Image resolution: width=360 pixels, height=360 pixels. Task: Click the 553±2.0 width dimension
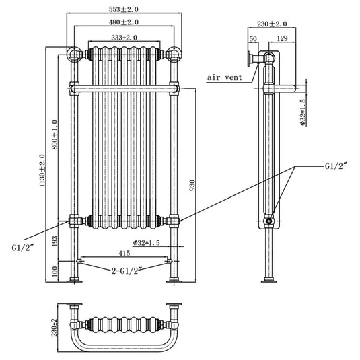pyautogui.click(x=124, y=9)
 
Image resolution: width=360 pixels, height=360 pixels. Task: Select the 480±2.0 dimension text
pyautogui.click(x=124, y=22)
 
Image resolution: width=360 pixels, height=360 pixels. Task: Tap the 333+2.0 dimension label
pyautogui.click(x=124, y=38)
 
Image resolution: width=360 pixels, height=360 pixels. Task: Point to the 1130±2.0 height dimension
pyautogui.click(x=42, y=170)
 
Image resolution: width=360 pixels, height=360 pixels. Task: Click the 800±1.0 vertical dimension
pyautogui.click(x=55, y=135)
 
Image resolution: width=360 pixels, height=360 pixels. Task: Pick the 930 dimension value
pyautogui.click(x=192, y=185)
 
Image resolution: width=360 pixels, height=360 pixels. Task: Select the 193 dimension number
pyautogui.click(x=55, y=241)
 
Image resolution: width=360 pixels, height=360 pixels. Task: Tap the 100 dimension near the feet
pyautogui.click(x=55, y=271)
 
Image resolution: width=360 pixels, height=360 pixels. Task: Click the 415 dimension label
pyautogui.click(x=124, y=253)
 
